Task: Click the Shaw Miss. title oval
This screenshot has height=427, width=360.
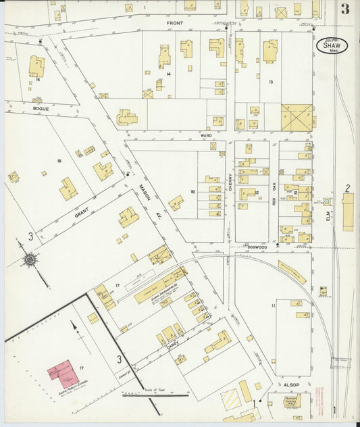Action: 332,45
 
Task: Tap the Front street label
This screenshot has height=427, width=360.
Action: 176,23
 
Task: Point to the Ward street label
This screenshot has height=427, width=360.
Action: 206,136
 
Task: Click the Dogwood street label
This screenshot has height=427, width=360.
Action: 257,247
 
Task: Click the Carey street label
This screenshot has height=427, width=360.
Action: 172,346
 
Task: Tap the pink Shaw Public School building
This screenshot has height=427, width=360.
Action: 62,372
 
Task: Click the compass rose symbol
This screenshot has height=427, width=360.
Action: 30,259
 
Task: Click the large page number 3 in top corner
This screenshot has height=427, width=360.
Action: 345,9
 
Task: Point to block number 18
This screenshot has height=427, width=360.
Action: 193,193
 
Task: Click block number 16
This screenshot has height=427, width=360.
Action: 59,160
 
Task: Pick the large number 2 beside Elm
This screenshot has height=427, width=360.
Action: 347,188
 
